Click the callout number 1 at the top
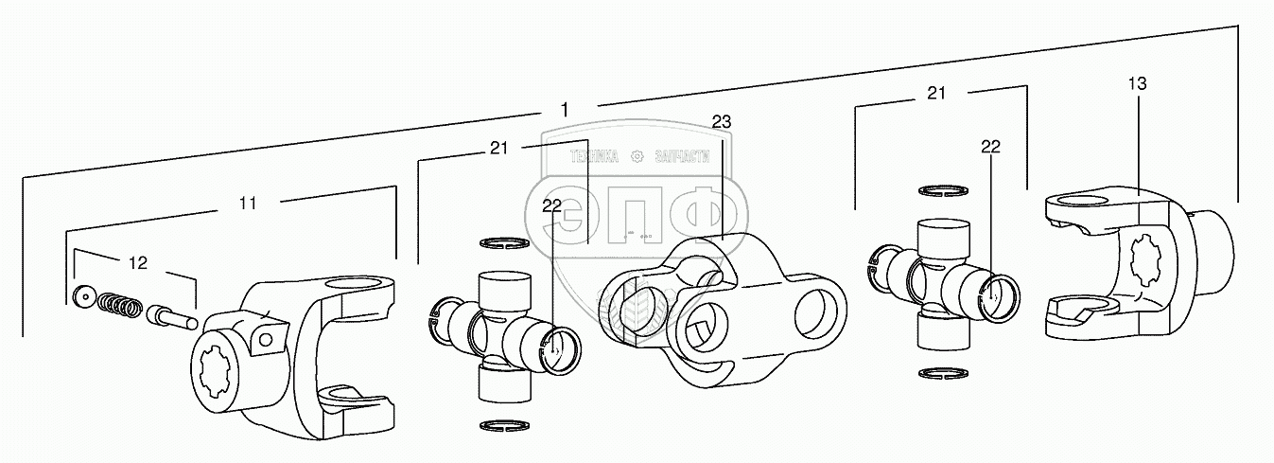565,110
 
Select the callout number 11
249,203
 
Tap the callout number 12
138,262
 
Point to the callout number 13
1137,83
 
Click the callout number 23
722,121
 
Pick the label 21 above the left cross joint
499,147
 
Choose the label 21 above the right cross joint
936,92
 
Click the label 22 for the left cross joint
552,204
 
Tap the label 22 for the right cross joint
990,146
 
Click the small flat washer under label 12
83,297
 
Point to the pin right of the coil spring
169,313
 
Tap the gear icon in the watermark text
637,156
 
